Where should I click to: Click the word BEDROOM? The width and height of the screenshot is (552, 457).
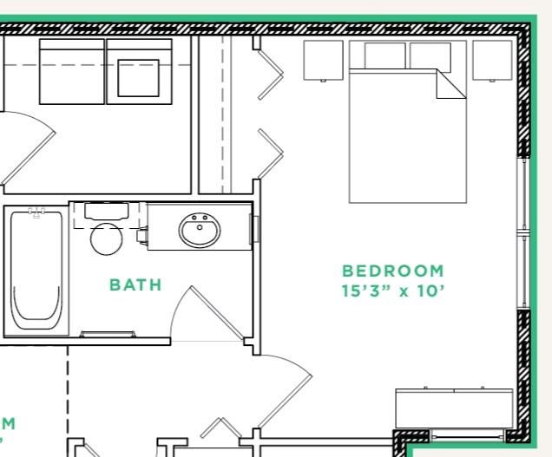click(392, 271)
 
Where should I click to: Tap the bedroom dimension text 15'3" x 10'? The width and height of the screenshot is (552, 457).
click(392, 290)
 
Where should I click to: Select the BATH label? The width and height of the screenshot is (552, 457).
click(135, 284)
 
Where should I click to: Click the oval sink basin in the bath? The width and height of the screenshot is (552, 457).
click(200, 231)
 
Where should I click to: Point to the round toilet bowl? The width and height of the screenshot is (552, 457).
click(107, 238)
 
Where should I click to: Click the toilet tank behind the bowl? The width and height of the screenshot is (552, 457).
click(107, 211)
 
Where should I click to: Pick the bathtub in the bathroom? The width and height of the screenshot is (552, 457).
click(36, 271)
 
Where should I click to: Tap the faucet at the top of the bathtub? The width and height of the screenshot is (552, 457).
click(36, 212)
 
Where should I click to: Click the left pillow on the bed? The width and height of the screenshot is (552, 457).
click(384, 55)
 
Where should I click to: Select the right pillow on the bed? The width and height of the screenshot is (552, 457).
click(430, 55)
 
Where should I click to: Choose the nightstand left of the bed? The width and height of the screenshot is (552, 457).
click(324, 60)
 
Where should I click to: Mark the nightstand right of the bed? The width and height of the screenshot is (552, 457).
click(492, 60)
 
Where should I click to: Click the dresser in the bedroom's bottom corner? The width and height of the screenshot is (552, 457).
click(454, 408)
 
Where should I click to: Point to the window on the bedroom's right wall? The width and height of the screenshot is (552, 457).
click(522, 232)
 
